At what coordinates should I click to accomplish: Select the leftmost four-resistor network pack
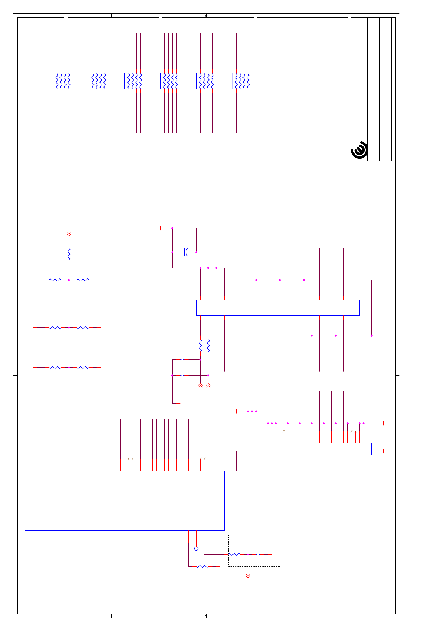click(63, 81)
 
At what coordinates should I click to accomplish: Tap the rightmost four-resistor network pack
click(242, 81)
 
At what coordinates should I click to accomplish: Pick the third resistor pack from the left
click(135, 81)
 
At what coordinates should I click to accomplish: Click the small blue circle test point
click(196, 548)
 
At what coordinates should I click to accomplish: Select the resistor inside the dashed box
click(234, 554)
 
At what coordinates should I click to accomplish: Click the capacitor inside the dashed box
click(258, 554)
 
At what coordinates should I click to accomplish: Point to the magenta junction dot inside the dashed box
click(248, 554)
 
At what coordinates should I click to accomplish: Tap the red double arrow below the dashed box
click(248, 576)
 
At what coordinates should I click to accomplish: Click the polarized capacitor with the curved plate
click(185, 252)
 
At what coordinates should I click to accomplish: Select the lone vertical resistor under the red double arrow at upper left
click(69, 255)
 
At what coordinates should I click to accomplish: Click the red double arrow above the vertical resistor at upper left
click(69, 234)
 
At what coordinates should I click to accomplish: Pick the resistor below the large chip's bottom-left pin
click(202, 566)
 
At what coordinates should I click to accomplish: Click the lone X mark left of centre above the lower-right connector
click(284, 432)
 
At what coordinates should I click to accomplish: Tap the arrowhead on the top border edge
click(206, 16)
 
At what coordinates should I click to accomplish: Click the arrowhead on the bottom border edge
click(206, 614)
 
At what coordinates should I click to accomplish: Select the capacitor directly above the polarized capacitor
click(183, 228)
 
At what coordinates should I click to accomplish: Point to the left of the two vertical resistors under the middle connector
click(200, 345)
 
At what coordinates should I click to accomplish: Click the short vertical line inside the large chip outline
click(37, 500)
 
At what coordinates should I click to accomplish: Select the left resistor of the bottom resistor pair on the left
click(55, 368)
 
